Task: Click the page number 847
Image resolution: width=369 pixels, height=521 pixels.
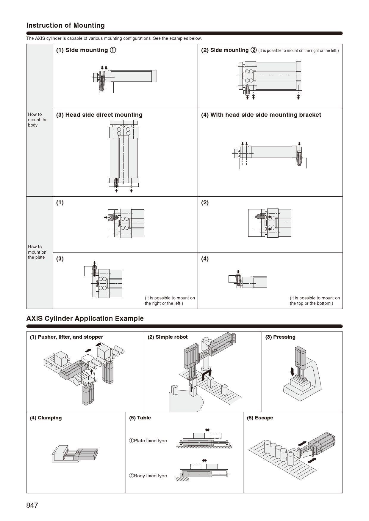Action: [32, 505]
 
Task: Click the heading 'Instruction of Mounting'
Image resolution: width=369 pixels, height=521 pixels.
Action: [65, 25]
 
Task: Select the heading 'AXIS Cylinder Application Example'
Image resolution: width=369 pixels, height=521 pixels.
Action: [85, 318]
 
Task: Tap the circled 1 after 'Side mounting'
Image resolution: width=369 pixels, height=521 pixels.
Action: [113, 50]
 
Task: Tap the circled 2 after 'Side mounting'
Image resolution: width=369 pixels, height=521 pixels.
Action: [254, 50]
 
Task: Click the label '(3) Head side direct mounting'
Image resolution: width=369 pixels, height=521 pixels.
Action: [99, 115]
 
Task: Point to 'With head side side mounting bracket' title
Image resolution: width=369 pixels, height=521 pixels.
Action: [265, 115]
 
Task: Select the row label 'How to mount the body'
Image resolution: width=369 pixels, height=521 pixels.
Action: [37, 120]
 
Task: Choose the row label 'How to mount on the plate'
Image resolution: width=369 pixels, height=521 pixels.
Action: [37, 252]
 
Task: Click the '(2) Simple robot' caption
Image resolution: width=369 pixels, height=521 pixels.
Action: [168, 337]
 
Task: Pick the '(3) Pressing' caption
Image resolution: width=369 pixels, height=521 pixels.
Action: [280, 337]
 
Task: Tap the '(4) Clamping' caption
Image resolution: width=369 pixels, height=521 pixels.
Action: [46, 418]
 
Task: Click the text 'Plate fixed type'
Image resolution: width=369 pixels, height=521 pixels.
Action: [150, 441]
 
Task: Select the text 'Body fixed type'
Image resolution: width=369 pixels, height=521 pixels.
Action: [150, 476]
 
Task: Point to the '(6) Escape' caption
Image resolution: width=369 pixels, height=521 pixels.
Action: [260, 418]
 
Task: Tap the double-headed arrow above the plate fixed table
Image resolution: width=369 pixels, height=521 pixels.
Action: [207, 430]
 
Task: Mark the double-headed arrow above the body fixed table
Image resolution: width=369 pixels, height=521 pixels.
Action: [204, 460]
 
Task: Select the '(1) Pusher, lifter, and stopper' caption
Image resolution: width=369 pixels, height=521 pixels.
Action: [66, 337]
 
